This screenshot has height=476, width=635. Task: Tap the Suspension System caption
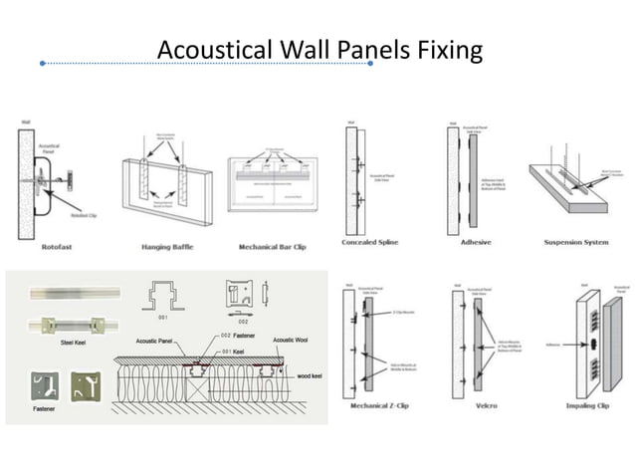(x=576, y=242)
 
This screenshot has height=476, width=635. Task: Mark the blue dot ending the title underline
(x=370, y=63)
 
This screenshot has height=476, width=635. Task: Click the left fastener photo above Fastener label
(x=38, y=384)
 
